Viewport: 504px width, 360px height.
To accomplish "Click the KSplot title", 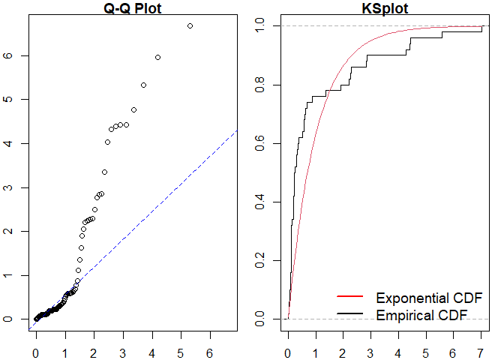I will (379, 8).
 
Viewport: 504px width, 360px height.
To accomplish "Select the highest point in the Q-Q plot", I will (190, 25).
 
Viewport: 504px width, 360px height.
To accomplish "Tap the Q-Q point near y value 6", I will (157, 57).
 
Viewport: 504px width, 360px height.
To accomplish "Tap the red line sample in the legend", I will (350, 298).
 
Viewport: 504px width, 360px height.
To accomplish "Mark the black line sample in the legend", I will (350, 314).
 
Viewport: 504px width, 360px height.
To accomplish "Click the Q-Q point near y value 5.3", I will (143, 85).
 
